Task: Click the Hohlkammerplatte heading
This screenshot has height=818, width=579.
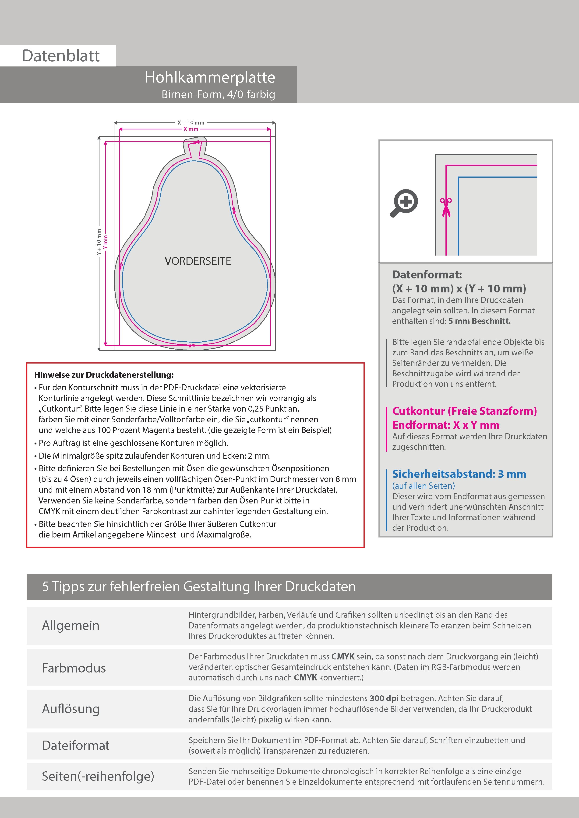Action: point(210,77)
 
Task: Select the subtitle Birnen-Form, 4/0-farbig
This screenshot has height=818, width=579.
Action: point(218,94)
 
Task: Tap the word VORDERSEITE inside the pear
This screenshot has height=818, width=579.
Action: point(198,261)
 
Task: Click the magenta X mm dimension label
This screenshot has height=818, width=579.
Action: point(191,129)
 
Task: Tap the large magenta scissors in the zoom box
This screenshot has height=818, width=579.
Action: point(446,207)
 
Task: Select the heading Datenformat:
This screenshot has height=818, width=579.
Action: point(427,275)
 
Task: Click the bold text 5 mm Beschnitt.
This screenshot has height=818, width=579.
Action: point(480,321)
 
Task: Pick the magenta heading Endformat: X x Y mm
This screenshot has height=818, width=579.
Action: point(446,425)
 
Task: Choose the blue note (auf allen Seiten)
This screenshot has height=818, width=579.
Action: point(424,485)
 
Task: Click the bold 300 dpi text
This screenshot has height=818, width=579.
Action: point(384,698)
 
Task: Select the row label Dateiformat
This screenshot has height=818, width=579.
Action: point(76,745)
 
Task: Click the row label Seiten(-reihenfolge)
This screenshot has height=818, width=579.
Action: point(98,776)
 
